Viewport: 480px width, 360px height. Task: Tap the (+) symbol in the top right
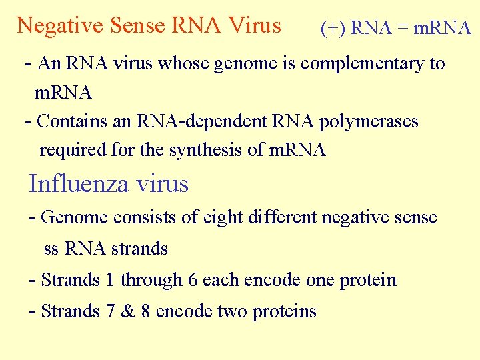(x=332, y=28)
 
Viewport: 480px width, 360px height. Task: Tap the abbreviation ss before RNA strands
(x=51, y=249)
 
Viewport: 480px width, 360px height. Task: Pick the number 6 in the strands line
(x=193, y=280)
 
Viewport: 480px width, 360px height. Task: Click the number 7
(x=110, y=311)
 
